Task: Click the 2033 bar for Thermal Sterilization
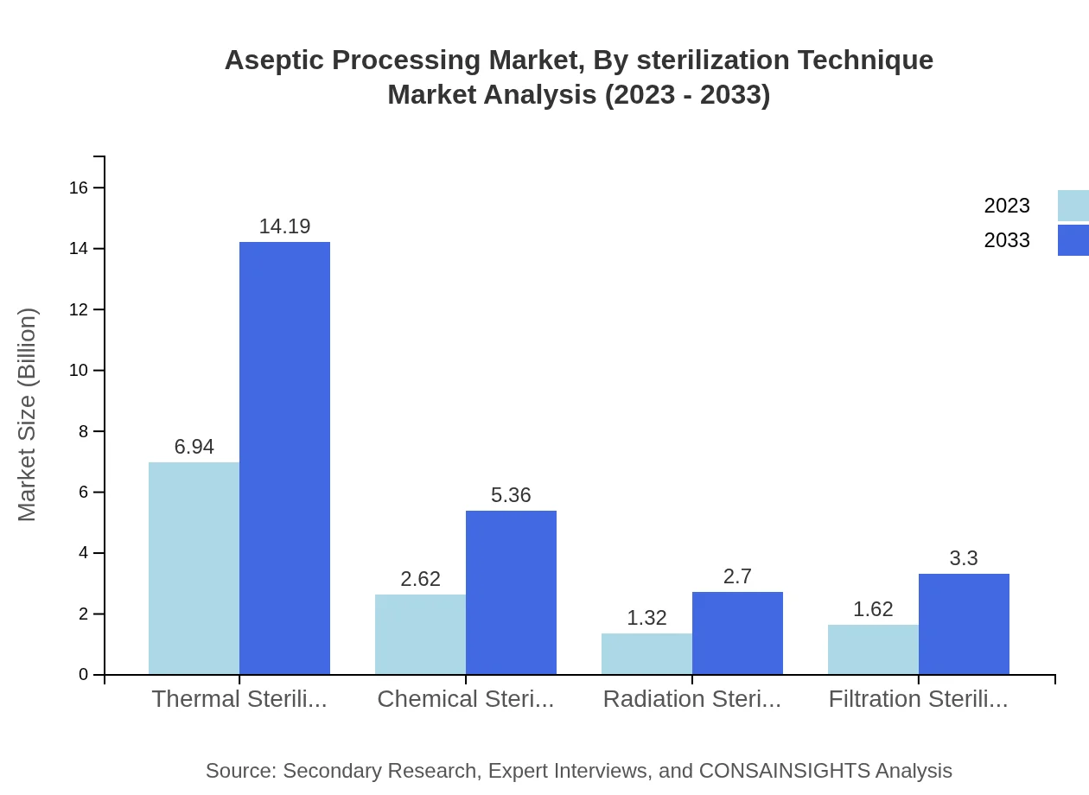284,458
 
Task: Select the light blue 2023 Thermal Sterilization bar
194,568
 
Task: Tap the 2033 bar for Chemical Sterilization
511,592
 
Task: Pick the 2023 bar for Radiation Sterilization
646,653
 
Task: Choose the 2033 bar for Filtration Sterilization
964,624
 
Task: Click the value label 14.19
284,226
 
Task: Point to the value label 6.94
194,447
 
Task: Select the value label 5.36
511,495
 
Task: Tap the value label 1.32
646,618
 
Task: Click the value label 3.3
964,558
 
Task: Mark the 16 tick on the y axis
79,188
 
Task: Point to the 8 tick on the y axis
84,431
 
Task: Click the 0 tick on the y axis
84,674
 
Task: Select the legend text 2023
1007,206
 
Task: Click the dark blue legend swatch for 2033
1073,239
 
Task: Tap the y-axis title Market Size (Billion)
28,415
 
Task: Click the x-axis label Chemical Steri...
466,699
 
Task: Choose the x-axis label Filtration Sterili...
918,699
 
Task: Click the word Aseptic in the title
274,60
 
